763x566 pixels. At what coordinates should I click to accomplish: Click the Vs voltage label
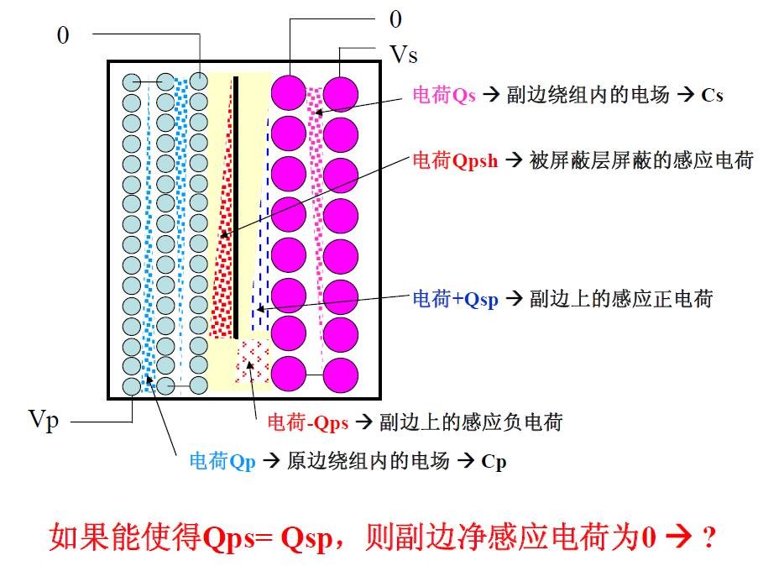click(404, 55)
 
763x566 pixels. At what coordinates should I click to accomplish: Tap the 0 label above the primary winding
click(63, 35)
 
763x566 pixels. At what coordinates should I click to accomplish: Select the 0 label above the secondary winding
click(395, 19)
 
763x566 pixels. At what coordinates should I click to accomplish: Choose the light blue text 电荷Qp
click(222, 461)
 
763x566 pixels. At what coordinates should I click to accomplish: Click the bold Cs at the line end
click(712, 96)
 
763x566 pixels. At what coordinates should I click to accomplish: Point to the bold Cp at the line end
click(494, 462)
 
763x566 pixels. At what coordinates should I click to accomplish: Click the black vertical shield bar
click(236, 206)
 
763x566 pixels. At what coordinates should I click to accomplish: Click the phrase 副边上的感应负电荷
click(470, 422)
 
